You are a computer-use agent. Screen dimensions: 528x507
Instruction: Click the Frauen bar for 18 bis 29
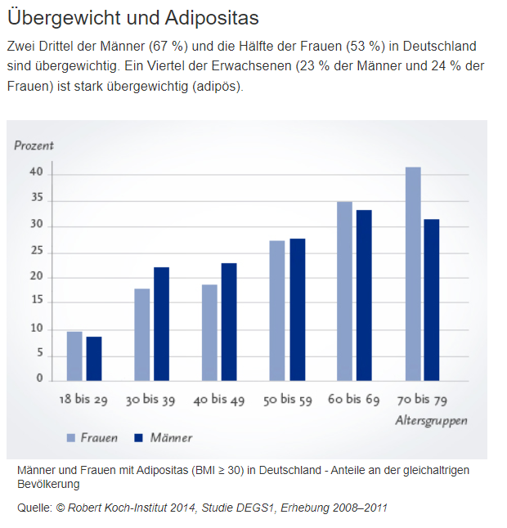(74, 356)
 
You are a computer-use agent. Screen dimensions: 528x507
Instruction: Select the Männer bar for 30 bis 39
(162, 324)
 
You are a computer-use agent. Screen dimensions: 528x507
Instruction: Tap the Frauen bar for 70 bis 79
(413, 274)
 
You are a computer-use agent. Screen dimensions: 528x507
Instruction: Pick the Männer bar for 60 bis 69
(364, 295)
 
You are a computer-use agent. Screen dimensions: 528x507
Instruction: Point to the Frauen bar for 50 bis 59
(277, 311)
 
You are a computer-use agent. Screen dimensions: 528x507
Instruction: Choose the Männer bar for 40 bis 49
(229, 321)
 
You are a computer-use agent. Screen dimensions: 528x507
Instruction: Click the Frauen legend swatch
(71, 438)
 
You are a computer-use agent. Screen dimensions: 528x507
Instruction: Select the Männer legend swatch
(138, 438)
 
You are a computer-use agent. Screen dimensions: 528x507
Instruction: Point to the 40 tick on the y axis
(37, 173)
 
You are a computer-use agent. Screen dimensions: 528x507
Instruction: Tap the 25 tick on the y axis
(37, 251)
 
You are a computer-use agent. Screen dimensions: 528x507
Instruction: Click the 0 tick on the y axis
(39, 378)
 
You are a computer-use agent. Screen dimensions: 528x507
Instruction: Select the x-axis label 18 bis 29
(84, 400)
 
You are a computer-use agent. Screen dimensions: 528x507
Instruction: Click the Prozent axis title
(34, 145)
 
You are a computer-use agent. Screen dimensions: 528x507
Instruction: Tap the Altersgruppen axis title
(431, 421)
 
